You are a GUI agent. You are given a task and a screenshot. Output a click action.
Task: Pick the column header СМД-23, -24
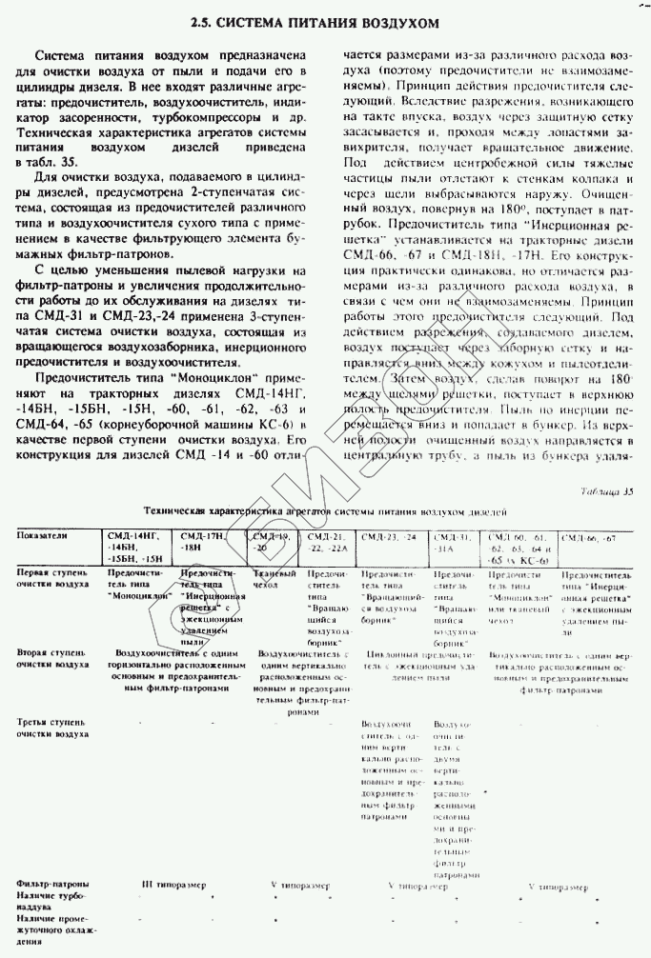390,538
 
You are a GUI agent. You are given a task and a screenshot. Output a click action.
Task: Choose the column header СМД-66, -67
589,538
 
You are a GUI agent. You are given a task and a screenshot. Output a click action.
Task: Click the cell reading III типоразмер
173,885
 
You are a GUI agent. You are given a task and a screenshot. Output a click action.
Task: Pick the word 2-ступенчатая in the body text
250,195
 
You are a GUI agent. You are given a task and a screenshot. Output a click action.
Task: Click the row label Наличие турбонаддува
51,903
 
